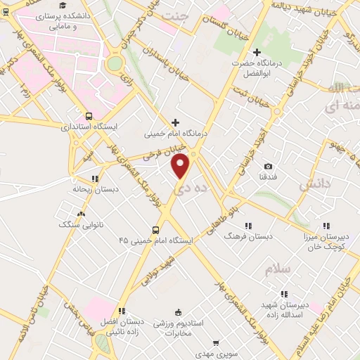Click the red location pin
[181, 166]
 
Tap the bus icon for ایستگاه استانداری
[89, 115]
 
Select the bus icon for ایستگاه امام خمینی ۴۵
[155, 229]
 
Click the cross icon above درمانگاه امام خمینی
[176, 123]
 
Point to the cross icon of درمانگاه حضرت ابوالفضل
[257, 53]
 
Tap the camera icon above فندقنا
[268, 167]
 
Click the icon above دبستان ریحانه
[94, 178]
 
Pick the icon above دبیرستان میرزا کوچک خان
[325, 226]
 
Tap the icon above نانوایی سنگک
[82, 214]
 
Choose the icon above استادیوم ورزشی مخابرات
[179, 312]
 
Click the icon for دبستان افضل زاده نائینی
[122, 310]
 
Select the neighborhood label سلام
[278, 269]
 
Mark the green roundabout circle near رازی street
[114, 63]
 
